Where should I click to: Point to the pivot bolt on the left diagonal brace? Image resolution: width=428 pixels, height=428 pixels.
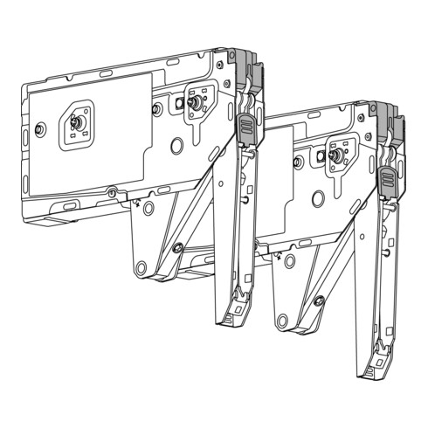pos(178,249)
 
